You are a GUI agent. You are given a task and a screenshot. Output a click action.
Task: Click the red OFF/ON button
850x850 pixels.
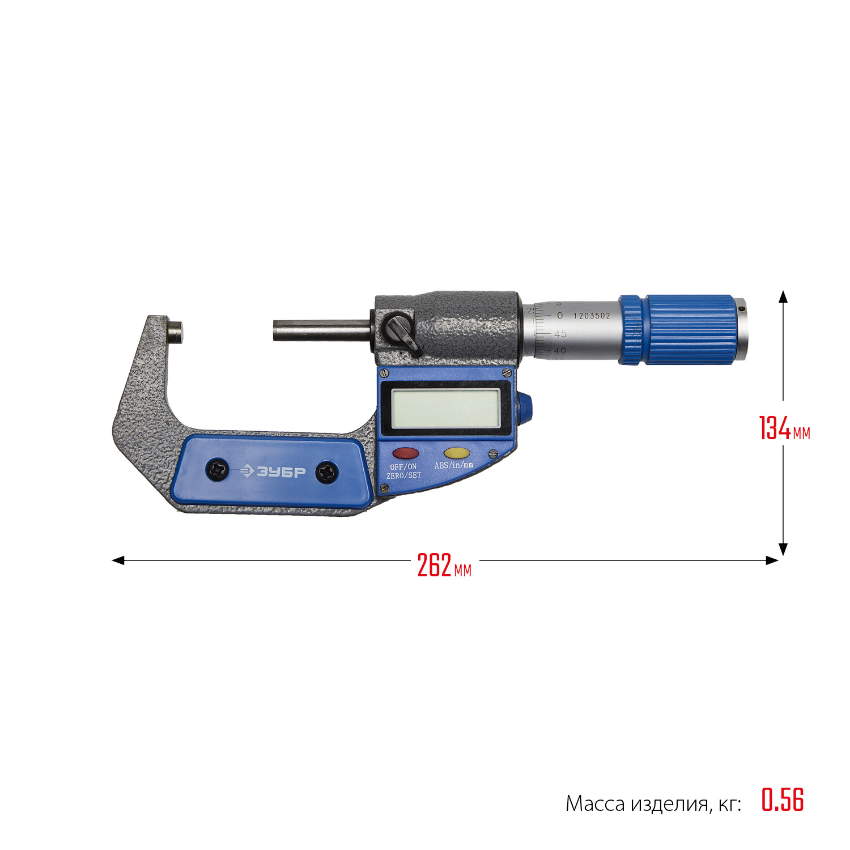click(x=406, y=453)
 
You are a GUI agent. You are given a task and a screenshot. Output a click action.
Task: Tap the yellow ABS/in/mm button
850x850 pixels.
click(x=456, y=453)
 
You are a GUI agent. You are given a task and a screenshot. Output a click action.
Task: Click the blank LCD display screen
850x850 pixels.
click(x=445, y=409)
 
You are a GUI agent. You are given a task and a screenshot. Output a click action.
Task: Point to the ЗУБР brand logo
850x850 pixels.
click(x=273, y=471)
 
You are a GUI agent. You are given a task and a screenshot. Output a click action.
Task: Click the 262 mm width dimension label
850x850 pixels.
click(x=444, y=566)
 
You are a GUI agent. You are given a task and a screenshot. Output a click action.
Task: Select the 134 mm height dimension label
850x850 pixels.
click(x=785, y=428)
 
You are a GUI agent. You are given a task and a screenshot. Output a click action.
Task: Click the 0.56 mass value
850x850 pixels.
click(x=783, y=800)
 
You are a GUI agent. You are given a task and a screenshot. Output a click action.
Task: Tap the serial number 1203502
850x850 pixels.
click(x=592, y=316)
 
